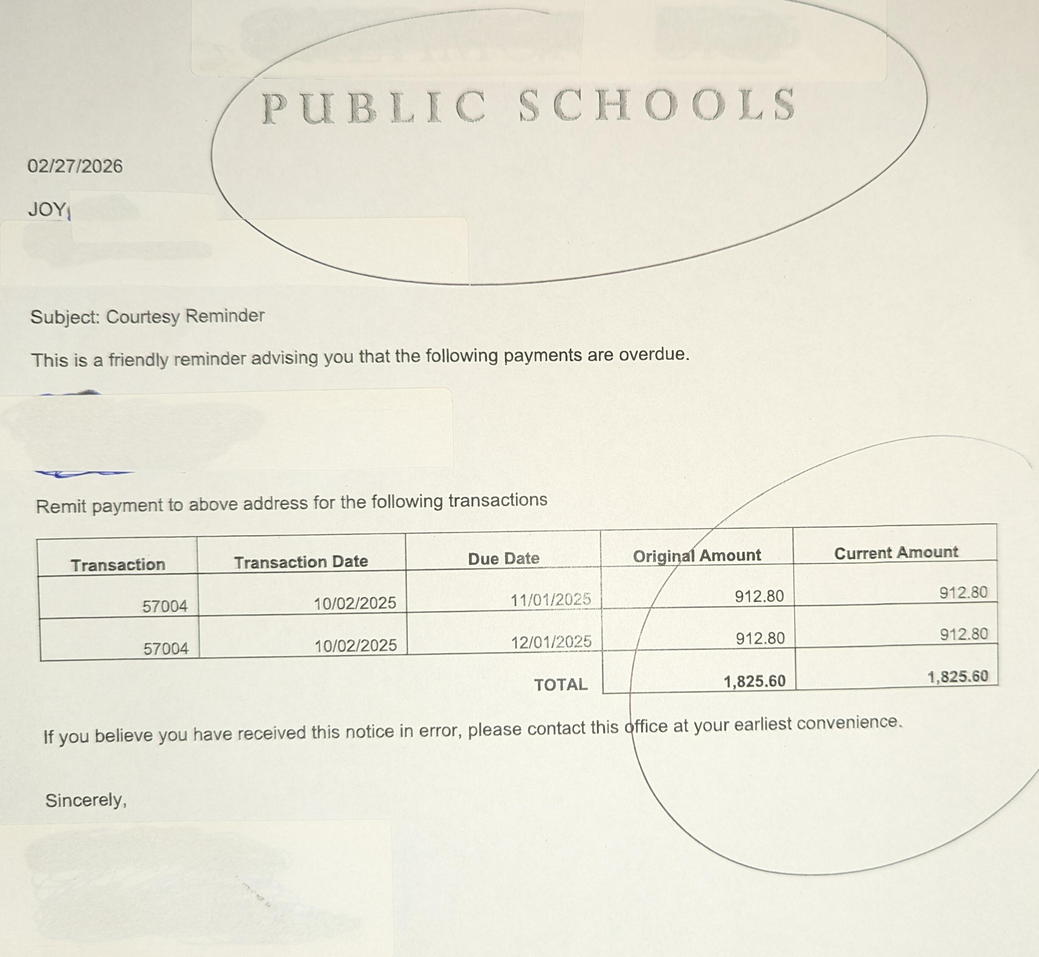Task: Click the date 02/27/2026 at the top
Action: [x=75, y=166]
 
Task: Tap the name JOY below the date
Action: [x=47, y=209]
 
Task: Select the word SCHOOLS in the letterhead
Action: [x=657, y=105]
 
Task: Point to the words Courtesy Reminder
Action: [x=185, y=316]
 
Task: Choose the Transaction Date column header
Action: [x=301, y=562]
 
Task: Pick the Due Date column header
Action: [x=504, y=559]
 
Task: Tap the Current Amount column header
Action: [x=896, y=553]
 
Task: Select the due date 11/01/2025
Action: [x=551, y=600]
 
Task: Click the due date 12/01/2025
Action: [x=551, y=642]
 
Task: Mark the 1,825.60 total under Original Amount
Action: [x=754, y=681]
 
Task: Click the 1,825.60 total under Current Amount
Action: [x=958, y=677]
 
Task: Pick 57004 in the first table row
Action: [x=165, y=606]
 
